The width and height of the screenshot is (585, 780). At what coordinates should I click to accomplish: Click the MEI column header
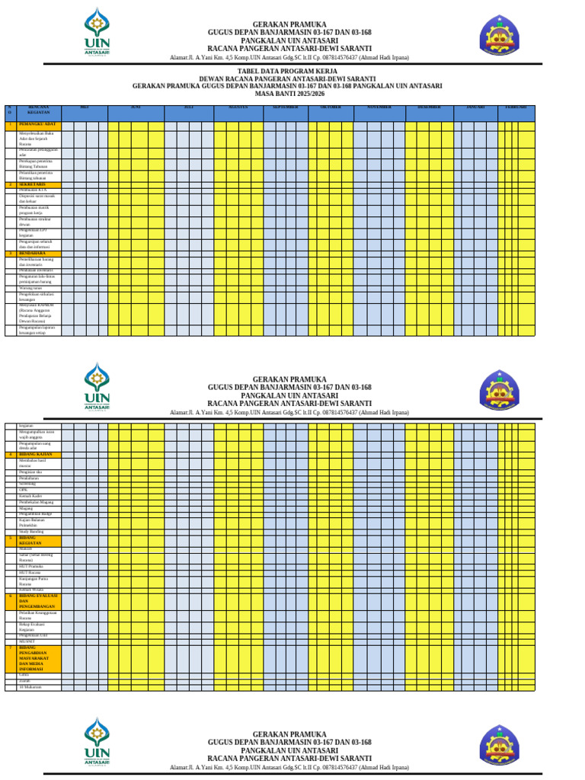[85, 107]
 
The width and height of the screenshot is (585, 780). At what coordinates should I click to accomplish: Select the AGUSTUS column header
[239, 107]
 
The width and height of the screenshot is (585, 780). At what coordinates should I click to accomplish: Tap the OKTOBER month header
[331, 107]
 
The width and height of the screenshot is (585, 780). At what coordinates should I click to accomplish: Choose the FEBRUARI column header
[516, 107]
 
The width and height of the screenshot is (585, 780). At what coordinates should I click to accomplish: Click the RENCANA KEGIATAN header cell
[39, 110]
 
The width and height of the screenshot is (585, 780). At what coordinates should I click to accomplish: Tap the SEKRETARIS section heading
[33, 185]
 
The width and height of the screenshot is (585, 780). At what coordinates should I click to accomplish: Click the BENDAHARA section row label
[33, 253]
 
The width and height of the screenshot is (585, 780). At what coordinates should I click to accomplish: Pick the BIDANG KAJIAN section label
[37, 454]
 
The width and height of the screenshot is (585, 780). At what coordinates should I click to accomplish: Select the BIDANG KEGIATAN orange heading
[33, 540]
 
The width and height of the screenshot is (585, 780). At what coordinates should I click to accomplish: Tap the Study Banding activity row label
[31, 532]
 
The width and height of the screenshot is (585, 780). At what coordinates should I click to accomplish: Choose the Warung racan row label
[31, 289]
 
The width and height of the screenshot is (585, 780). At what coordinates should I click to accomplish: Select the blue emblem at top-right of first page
[500, 35]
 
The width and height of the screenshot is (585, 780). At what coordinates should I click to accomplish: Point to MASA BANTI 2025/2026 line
[289, 94]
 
